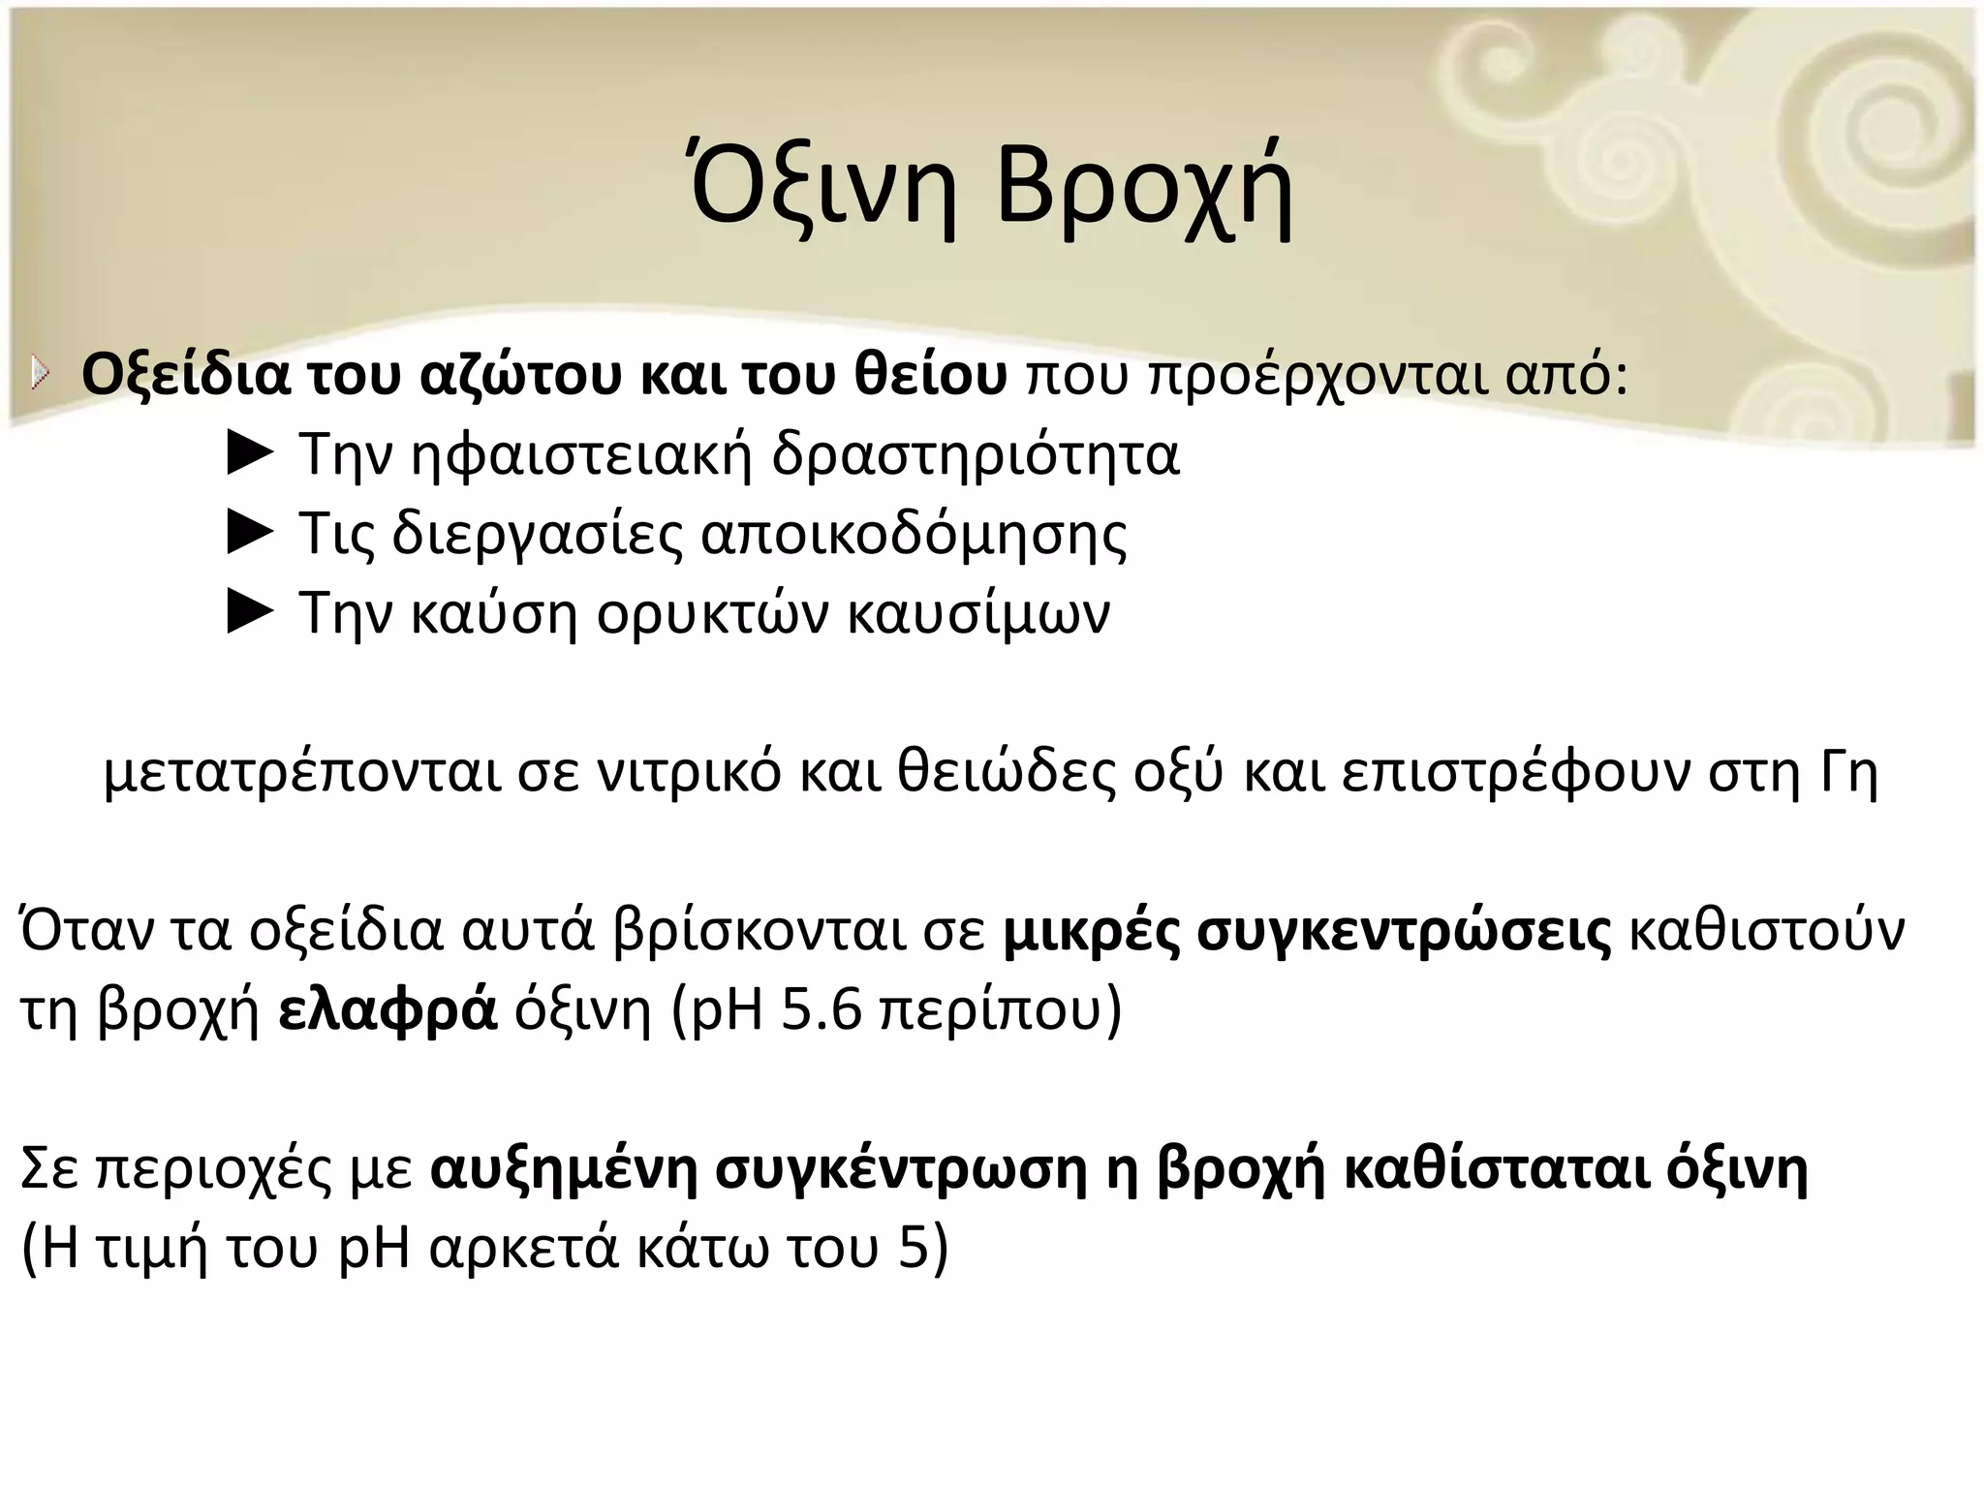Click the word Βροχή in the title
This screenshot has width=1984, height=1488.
coord(1143,189)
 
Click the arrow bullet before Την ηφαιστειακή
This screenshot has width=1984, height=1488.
coord(250,454)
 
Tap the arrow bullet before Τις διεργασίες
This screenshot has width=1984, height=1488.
coord(250,534)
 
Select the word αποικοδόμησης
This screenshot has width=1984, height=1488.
coord(914,536)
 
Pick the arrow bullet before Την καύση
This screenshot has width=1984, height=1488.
coord(250,613)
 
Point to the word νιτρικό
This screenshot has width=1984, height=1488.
coord(687,772)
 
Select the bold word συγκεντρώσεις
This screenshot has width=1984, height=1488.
coord(1405,931)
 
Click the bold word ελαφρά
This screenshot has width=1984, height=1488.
coord(387,1010)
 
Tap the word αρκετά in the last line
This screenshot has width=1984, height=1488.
coord(523,1249)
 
